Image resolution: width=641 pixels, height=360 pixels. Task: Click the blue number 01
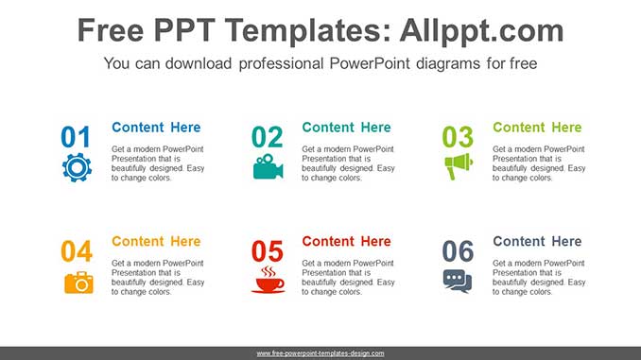pos(77,138)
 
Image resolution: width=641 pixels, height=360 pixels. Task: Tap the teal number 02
pos(268,138)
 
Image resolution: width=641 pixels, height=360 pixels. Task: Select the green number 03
pos(458,138)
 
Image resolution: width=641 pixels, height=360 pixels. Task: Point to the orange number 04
pos(77,251)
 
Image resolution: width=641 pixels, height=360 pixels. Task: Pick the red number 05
pos(268,251)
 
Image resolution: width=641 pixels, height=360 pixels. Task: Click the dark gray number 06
pos(458,251)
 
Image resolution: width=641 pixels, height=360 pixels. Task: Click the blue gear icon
pos(77,167)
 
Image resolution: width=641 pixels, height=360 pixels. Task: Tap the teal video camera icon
pos(268,167)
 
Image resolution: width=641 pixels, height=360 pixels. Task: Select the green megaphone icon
pos(458,167)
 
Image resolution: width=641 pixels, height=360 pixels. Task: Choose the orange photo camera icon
pos(78,282)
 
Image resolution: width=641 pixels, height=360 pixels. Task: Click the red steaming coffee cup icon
pos(268,280)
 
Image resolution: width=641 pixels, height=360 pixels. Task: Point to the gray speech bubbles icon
pos(458,281)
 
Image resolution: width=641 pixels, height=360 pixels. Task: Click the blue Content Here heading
pos(156,128)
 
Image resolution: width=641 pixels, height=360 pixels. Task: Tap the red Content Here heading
pos(346,241)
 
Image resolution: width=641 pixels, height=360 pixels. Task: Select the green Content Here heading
pos(537,128)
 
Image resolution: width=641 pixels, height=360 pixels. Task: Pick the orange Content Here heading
pos(156,241)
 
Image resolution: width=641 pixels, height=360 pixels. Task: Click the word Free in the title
pos(110,31)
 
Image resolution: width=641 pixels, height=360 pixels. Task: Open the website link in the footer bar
pos(320,353)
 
